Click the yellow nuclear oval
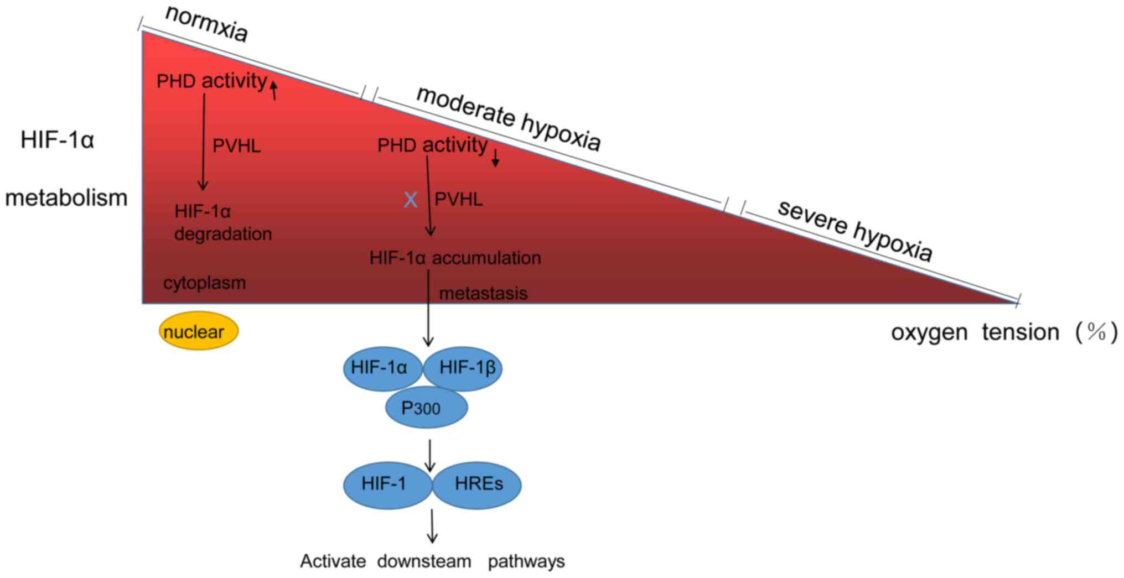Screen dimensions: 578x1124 tap(198, 331)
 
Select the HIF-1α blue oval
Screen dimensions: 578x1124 tap(380, 368)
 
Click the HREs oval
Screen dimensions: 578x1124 tap(478, 484)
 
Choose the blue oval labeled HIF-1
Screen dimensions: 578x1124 tap(385, 484)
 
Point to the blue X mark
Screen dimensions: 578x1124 tap(410, 200)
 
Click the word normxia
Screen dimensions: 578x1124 tap(206, 24)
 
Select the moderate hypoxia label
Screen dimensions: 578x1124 tap(508, 118)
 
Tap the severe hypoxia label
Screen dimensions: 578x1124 tap(854, 230)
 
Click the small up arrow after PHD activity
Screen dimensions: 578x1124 tap(273, 88)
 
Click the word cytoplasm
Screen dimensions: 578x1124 tap(204, 283)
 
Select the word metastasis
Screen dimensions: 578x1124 tap(483, 293)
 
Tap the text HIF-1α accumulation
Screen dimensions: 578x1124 tap(455, 258)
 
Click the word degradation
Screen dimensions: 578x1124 tap(223, 234)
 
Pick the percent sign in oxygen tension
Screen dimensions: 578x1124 tap(1096, 332)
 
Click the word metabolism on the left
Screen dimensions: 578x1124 tap(66, 197)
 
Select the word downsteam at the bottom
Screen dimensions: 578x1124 tap(424, 561)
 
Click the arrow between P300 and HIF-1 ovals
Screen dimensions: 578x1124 tap(429, 455)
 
